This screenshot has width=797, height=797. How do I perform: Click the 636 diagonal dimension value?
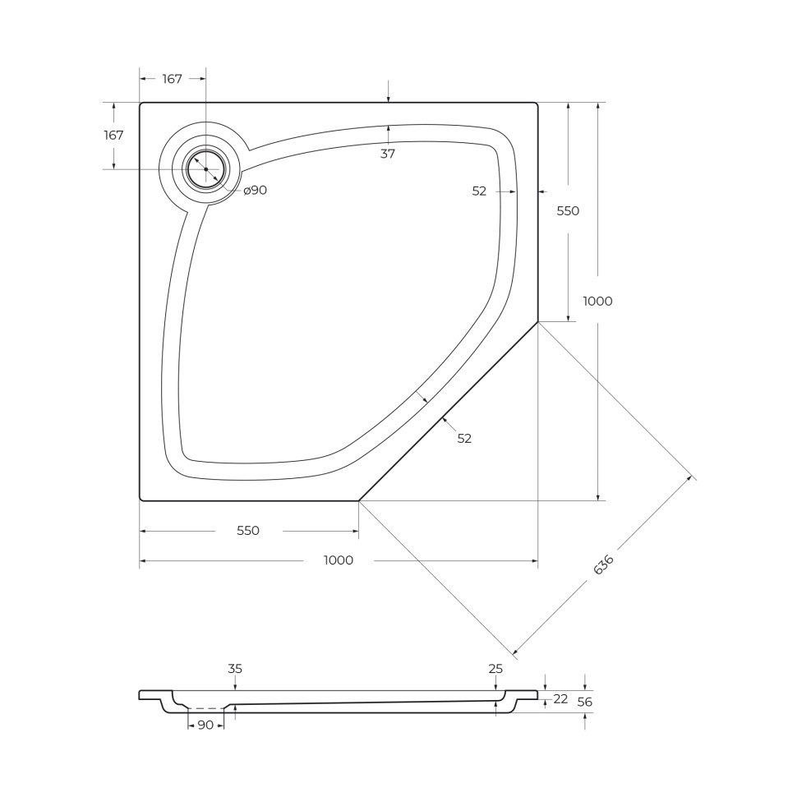(x=604, y=565)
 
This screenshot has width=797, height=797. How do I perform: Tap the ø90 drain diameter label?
(x=256, y=191)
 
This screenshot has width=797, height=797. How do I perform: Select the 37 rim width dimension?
(x=388, y=154)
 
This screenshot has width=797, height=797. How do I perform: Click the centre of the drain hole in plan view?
(x=205, y=169)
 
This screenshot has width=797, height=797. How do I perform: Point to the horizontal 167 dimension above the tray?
(x=172, y=79)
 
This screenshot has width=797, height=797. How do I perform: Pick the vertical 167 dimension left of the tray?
(x=113, y=135)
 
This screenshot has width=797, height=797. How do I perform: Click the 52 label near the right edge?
(x=480, y=191)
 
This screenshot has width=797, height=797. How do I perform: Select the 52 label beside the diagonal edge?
(x=464, y=439)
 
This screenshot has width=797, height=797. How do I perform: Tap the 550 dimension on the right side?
(x=568, y=211)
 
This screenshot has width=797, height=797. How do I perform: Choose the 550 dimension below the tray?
(x=248, y=531)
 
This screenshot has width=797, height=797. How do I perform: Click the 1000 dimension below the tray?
(x=339, y=560)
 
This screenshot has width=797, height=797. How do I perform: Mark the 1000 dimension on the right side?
(x=597, y=302)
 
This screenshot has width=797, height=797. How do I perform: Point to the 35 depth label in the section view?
(x=235, y=669)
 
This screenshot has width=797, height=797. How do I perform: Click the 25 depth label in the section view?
(x=495, y=669)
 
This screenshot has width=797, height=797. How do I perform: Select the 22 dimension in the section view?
(x=560, y=699)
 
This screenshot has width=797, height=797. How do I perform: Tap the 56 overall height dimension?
(x=585, y=702)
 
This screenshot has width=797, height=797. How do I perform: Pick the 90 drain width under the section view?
(x=205, y=725)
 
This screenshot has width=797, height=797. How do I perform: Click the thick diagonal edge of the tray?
(x=448, y=411)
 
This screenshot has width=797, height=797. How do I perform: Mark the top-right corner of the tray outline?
(x=537, y=104)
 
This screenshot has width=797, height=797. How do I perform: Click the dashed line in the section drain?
(x=205, y=708)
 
